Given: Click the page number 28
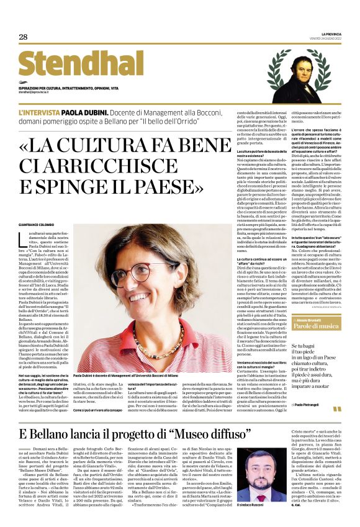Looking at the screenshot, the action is click(23, 37).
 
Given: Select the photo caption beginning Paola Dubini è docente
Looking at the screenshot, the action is click(146, 376).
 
